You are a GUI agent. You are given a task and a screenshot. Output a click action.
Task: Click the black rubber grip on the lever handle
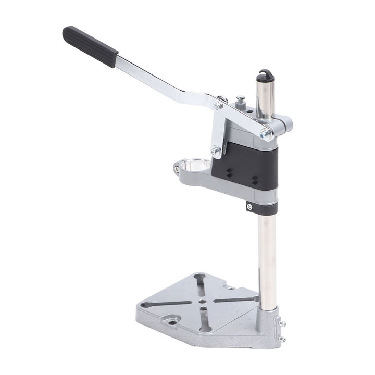tap(90, 46)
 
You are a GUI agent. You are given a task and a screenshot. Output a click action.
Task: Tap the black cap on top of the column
tap(266, 75)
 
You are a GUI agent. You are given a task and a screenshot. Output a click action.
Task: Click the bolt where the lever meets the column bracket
tap(266, 134)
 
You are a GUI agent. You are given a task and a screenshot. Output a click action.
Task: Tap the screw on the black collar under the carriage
tap(249, 207)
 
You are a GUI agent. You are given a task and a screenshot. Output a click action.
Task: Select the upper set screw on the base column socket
tap(282, 324)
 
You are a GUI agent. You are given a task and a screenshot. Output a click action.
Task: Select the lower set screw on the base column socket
tap(282, 340)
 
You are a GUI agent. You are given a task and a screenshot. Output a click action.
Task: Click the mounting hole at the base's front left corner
tap(172, 323)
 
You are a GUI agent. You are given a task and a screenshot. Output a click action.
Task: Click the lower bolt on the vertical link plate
tap(215, 151)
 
